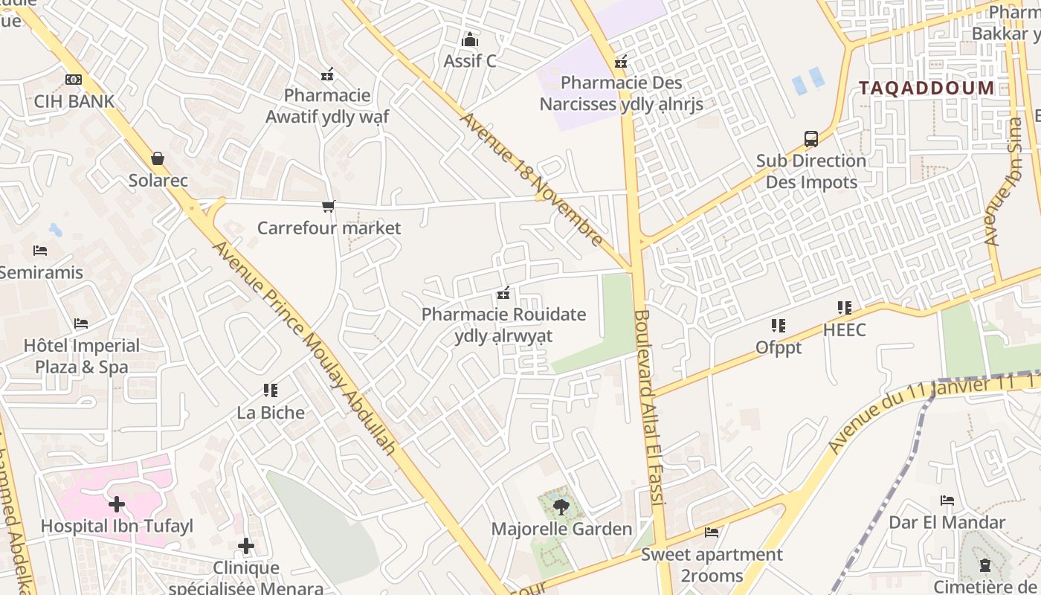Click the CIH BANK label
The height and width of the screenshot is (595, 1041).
[74, 101]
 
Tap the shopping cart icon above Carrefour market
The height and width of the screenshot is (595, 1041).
[328, 206]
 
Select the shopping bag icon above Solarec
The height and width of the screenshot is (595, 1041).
[158, 158]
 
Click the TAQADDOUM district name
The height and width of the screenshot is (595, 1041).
[926, 88]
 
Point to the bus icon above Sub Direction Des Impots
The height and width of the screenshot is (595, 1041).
[811, 138]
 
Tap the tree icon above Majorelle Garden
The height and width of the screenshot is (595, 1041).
[561, 507]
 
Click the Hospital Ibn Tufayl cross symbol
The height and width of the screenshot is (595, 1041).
[117, 504]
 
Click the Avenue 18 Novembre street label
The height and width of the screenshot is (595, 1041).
[532, 178]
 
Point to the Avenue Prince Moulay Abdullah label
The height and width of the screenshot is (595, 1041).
[304, 347]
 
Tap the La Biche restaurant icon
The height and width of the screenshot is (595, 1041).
[271, 390]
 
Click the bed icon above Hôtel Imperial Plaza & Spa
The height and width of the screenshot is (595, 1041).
[81, 324]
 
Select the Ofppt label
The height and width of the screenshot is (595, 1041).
[779, 347]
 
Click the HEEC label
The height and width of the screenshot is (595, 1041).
[844, 329]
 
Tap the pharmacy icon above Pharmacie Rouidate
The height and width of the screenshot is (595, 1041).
[503, 293]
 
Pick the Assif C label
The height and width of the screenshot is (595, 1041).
[470, 61]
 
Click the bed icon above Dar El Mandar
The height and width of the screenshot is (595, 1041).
[947, 501]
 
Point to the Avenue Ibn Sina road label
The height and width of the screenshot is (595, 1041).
[1003, 181]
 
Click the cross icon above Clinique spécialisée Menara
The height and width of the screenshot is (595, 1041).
[246, 547]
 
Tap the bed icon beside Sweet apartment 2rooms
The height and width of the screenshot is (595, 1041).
[712, 533]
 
